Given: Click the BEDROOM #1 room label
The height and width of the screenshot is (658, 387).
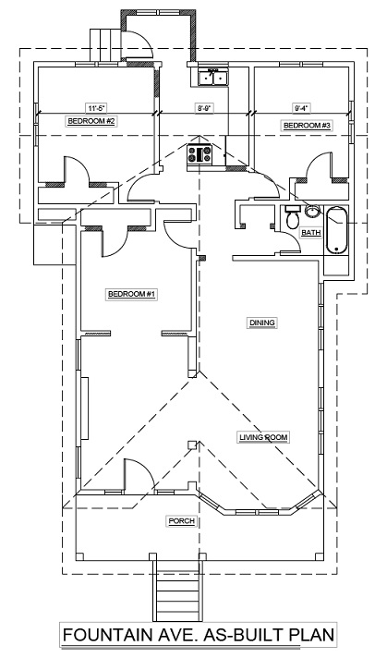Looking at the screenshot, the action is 132,294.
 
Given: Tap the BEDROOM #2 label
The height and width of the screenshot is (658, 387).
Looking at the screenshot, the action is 91,122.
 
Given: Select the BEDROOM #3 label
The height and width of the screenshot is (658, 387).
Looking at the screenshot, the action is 308,126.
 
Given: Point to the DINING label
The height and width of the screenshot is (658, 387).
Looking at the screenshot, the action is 262,323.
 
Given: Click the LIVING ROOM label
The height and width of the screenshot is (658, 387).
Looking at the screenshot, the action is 263,437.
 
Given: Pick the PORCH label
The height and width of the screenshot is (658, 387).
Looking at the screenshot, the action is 182,521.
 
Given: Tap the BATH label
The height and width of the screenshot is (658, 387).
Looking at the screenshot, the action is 310,233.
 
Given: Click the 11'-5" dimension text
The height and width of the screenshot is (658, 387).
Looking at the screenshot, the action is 96,108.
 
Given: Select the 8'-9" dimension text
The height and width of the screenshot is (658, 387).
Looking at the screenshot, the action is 204,108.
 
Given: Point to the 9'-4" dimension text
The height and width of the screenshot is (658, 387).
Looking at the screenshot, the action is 301,108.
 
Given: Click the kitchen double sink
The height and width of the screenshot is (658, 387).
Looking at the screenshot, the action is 213,78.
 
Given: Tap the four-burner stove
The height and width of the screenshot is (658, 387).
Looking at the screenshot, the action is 200,154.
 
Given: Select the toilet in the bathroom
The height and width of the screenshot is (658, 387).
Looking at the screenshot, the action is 291,215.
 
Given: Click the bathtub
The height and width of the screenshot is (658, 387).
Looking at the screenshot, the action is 337,230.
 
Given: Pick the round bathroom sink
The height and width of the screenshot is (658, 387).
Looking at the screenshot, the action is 311,211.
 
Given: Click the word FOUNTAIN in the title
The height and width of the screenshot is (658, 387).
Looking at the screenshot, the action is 108,635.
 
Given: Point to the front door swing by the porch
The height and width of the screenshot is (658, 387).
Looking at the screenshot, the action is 139,474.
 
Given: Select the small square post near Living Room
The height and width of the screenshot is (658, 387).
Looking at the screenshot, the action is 191,445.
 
